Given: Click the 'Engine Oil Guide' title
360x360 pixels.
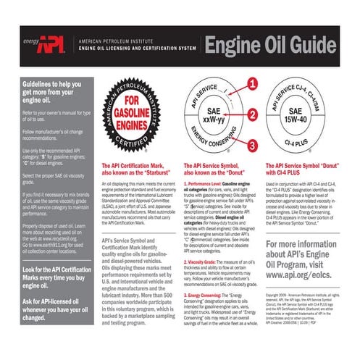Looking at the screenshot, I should pos(278,46).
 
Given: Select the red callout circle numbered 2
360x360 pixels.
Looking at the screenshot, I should pos(251,114).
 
